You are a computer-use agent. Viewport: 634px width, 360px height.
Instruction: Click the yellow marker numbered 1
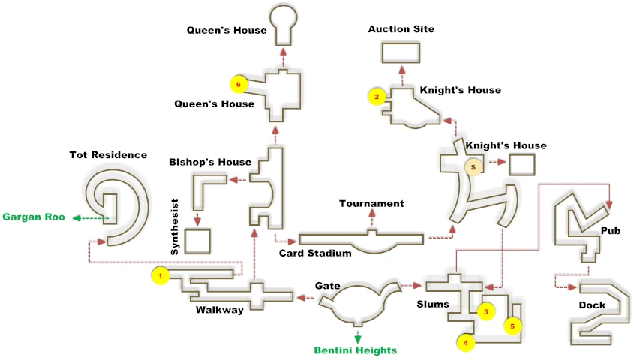160,276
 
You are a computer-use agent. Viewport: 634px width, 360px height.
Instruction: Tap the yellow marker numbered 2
377,96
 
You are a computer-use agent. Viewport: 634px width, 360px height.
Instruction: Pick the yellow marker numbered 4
466,342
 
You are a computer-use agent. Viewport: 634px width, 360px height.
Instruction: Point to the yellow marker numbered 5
512,326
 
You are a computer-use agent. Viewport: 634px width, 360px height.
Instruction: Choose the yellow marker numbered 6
239,84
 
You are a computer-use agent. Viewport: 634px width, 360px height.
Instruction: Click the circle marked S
473,167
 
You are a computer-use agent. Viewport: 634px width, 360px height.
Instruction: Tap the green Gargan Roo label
33,217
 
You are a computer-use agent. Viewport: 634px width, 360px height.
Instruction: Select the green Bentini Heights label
356,350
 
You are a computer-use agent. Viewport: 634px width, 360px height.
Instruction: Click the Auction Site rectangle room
401,53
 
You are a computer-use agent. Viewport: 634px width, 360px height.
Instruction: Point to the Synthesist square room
197,241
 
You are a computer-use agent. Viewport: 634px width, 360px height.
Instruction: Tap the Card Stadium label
315,253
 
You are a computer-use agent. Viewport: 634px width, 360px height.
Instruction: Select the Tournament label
371,203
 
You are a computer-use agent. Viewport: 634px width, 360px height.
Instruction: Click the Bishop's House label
209,162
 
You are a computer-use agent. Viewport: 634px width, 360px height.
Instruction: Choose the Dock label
592,305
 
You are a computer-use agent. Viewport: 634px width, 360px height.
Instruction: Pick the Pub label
611,231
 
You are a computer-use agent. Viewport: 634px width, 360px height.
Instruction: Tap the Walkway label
220,310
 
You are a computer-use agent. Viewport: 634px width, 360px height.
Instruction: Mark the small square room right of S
521,165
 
